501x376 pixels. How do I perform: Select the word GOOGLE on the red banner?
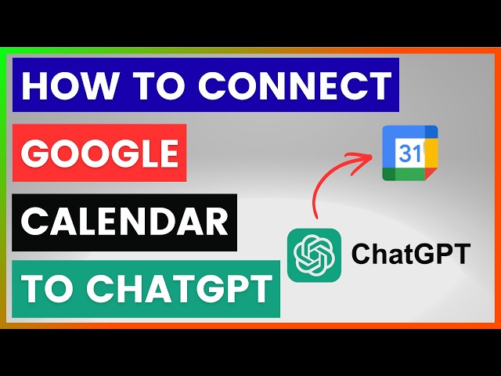tap(99, 153)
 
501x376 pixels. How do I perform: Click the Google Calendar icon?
tap(409, 154)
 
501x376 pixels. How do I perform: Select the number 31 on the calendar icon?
tap(409, 153)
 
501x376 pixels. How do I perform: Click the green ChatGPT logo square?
tap(314, 255)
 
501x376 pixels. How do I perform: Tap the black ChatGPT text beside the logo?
tap(411, 255)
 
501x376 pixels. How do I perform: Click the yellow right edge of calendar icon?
tap(431, 153)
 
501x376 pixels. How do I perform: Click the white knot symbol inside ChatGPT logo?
tap(314, 255)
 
